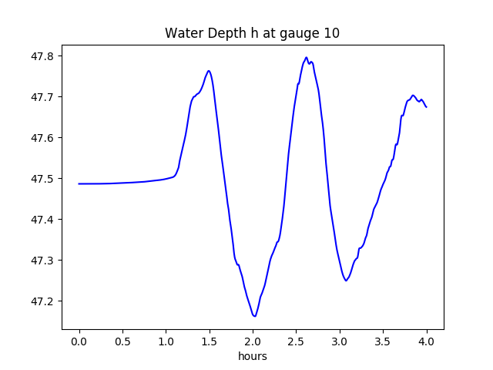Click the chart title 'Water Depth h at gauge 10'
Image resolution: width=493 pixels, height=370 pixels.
(252, 33)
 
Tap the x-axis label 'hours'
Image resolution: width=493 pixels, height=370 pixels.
(252, 357)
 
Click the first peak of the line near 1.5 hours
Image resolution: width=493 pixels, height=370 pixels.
(209, 71)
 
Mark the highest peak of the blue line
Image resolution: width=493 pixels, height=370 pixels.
(306, 57)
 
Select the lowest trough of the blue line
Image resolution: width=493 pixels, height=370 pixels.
(254, 316)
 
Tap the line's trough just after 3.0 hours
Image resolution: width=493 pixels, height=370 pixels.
(346, 281)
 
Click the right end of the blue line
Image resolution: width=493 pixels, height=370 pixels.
(426, 106)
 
